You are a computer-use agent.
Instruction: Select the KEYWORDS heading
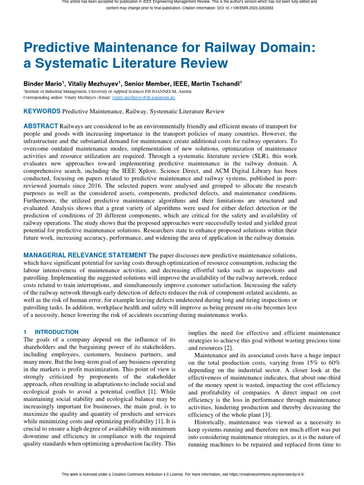point(42,111)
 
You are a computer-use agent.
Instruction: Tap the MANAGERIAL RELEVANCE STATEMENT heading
point(85,255)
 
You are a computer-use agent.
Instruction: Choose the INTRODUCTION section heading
point(56,332)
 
